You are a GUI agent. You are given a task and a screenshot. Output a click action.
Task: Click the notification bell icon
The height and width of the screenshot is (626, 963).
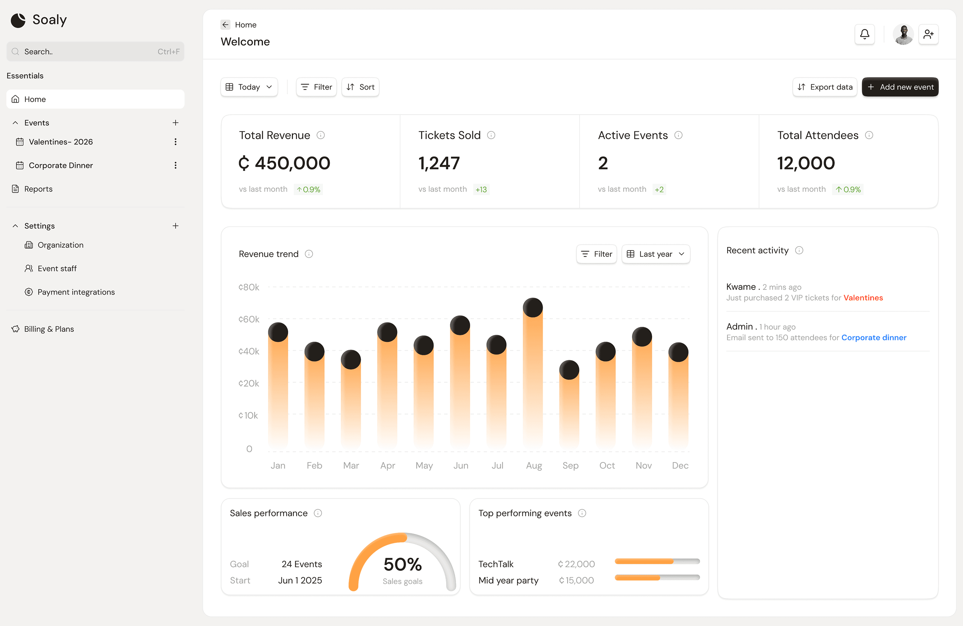[864, 34]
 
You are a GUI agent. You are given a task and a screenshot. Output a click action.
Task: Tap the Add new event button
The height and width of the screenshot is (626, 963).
[900, 87]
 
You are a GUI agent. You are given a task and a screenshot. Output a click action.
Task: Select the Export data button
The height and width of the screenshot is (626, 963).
[825, 87]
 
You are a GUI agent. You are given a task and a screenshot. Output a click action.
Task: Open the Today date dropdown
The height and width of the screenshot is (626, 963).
[249, 87]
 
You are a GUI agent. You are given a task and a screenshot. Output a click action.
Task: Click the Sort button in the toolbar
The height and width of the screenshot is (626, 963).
[360, 87]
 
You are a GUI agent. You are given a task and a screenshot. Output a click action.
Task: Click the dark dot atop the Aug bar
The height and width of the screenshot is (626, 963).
[532, 308]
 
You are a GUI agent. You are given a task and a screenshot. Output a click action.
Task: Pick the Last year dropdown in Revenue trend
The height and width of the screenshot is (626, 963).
[655, 254]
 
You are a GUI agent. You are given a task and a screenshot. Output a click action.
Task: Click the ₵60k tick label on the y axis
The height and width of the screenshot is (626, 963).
[249, 319]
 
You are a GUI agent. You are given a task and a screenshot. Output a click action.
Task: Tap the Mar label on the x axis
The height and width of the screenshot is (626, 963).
[351, 465]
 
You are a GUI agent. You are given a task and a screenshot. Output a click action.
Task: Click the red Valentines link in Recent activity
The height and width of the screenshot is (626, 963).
[863, 298]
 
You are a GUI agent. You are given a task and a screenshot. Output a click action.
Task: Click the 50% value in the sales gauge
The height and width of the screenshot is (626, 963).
[403, 564]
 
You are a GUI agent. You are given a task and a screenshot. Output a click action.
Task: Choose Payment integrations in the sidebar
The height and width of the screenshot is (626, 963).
[76, 292]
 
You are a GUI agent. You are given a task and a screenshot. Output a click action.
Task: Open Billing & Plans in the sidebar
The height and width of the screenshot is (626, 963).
[49, 329]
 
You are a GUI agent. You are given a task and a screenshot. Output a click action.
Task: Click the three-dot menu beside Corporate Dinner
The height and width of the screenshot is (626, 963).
[175, 165]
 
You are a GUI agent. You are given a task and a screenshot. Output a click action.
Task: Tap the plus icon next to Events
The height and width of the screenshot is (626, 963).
[175, 123]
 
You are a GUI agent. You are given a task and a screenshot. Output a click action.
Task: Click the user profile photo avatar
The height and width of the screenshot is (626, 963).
[903, 34]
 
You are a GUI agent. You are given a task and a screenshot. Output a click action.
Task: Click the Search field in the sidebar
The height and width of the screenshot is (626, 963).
[95, 52]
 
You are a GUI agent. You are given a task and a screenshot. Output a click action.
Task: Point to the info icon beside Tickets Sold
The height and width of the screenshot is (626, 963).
[491, 135]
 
